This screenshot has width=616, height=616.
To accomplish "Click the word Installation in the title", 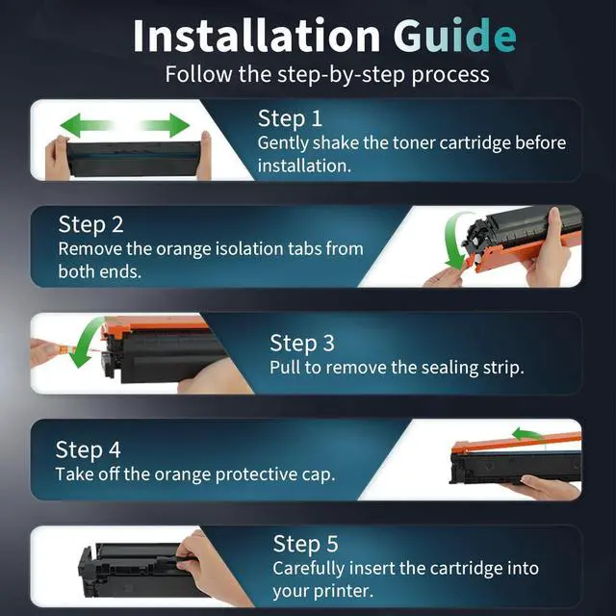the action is (x=257, y=36).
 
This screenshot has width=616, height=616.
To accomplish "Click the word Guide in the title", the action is (x=454, y=36).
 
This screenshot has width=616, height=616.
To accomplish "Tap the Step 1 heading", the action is (x=290, y=118).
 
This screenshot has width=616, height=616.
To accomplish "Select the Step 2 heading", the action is (x=90, y=224).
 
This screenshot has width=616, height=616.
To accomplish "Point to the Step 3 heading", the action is (x=302, y=344).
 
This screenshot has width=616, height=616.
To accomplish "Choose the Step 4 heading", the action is (x=88, y=449).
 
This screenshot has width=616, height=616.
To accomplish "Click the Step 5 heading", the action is (x=305, y=544).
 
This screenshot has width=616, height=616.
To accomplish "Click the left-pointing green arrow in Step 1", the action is (x=87, y=125).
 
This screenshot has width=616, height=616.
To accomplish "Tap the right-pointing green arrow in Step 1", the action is (x=165, y=125).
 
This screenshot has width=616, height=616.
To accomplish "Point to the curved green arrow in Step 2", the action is (x=451, y=244).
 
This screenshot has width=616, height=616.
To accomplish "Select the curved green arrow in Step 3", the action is (x=84, y=343).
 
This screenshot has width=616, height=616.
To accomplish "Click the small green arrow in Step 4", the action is (x=526, y=434).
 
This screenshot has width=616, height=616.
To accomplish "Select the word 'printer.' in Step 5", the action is (x=342, y=592).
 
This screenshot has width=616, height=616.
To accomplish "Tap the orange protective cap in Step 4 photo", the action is (x=516, y=443).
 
